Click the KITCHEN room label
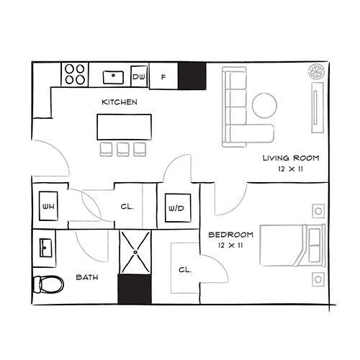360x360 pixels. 120,102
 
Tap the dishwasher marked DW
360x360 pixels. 139,76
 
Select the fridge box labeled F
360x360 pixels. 163,76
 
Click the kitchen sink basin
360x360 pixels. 113,77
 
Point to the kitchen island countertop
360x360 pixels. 125,127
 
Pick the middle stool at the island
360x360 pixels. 123,149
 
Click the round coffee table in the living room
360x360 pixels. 265,105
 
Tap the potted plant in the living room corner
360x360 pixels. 317,71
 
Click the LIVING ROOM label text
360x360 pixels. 291,158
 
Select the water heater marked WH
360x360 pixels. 48,206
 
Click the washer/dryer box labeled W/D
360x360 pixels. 178,208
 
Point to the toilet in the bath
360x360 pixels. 48,284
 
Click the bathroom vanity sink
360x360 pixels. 45,248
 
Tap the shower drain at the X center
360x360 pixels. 135,252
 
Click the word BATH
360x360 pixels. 87,277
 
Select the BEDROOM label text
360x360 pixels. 230,235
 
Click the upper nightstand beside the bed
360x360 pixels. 318,211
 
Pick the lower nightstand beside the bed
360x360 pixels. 318,279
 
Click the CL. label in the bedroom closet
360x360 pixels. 185,270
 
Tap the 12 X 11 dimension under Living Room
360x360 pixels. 290,169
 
